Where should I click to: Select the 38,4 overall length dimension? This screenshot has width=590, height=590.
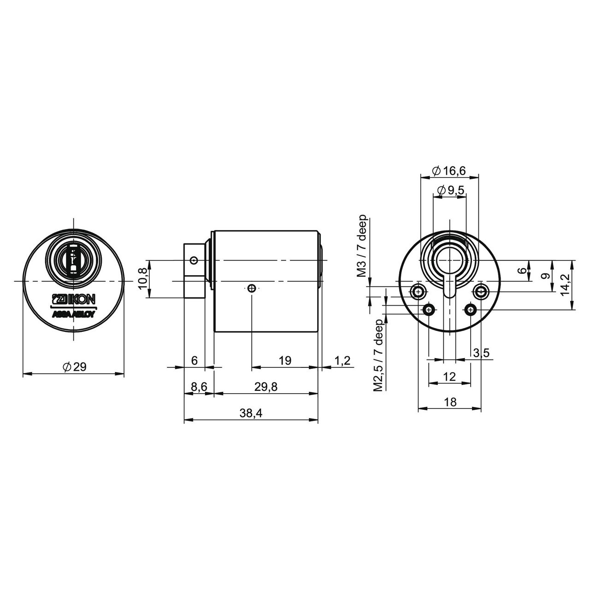coord(251,413)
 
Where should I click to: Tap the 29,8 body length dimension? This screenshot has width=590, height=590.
coord(266,387)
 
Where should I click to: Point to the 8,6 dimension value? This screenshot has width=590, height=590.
coord(199,387)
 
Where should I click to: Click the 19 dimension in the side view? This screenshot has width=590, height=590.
coord(285,360)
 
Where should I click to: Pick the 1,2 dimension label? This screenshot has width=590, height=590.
coord(342,360)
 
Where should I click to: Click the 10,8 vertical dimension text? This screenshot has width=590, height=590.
coord(142,279)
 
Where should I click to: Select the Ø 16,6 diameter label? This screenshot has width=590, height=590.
coord(449,171)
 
